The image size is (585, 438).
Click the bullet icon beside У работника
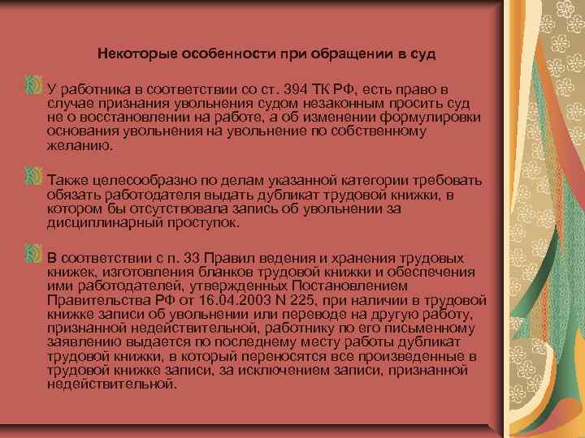33,85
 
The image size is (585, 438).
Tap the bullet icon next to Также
33,176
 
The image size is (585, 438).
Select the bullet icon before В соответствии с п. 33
33,255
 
